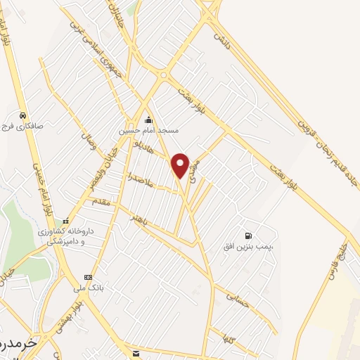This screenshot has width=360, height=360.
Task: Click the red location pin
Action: (x=181, y=165)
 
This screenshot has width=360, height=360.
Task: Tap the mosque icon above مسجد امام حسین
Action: (x=148, y=120)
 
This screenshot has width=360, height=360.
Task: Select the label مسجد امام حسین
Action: (x=148, y=131)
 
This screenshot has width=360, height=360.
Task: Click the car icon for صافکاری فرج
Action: (x=23, y=116)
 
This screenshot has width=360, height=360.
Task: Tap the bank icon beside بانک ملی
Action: (x=88, y=277)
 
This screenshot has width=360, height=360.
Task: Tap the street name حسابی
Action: (x=238, y=299)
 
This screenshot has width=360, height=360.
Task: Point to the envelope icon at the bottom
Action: (x=135, y=352)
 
